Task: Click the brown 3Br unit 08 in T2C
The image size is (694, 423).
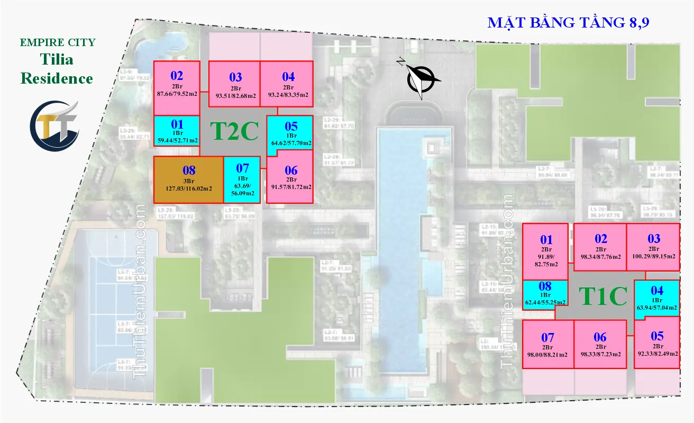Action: tap(188, 180)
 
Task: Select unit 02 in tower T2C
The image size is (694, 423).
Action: tap(177, 88)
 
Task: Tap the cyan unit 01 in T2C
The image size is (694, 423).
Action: tap(177, 130)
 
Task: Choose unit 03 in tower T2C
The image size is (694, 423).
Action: tap(234, 88)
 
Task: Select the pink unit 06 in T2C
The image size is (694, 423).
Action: tap(290, 178)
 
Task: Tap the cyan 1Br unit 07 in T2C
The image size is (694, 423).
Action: tap(242, 180)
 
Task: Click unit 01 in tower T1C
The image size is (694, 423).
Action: tap(545, 251)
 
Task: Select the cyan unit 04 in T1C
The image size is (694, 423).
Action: tap(656, 299)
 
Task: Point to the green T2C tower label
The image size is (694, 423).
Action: tap(234, 131)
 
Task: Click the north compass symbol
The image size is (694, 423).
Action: tap(420, 79)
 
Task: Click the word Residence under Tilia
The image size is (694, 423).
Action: tap(57, 79)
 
